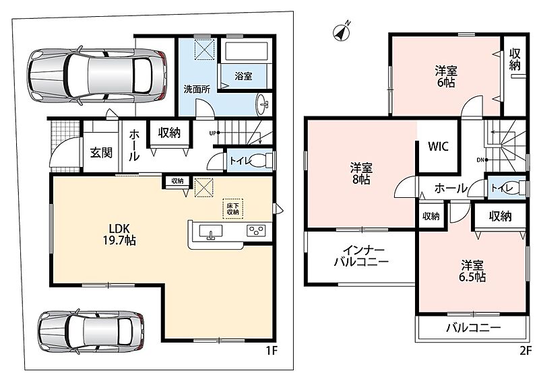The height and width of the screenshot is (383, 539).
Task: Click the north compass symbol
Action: pyautogui.click(x=342, y=32)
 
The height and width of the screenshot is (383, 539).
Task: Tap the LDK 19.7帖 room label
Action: pyautogui.click(x=119, y=234)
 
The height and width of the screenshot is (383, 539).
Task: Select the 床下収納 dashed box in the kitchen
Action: pyautogui.click(x=232, y=209)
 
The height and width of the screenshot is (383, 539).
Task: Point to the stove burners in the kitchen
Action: pyautogui.click(x=256, y=230)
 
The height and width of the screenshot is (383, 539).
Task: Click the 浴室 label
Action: pyautogui.click(x=243, y=76)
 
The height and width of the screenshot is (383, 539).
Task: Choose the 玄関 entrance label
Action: pyautogui.click(x=102, y=152)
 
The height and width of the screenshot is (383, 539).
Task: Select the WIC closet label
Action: pyautogui.click(x=439, y=146)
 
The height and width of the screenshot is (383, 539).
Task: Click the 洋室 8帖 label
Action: pyautogui.click(x=361, y=174)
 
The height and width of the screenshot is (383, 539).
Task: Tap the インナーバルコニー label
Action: pyautogui.click(x=361, y=256)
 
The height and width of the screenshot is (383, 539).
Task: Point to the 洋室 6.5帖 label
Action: pyautogui.click(x=472, y=271)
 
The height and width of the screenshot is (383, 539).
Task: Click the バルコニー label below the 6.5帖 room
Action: pyautogui.click(x=474, y=328)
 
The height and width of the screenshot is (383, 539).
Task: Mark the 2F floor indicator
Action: pyautogui.click(x=525, y=351)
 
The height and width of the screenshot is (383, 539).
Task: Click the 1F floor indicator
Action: pyautogui.click(x=272, y=351)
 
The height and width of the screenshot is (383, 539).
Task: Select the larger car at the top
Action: pyautogui.click(x=97, y=75)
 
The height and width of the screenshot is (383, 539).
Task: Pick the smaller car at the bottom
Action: pyautogui.click(x=92, y=331)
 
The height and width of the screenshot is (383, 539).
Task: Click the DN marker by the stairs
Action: pyautogui.click(x=480, y=160)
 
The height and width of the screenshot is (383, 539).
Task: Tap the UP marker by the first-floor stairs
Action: pyautogui.click(x=213, y=133)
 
